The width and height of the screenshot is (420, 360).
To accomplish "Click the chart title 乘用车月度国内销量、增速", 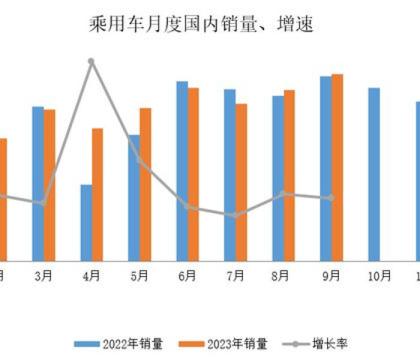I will (x=202, y=25).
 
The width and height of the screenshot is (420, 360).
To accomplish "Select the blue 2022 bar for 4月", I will (x=86, y=223).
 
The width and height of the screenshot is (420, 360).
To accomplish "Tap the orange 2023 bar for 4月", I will (x=97, y=194).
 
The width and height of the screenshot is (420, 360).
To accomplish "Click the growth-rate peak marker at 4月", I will (x=91, y=61).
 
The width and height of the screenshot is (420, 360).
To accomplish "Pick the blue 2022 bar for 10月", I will (x=374, y=174).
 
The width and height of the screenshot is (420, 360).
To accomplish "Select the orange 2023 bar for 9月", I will (x=337, y=167).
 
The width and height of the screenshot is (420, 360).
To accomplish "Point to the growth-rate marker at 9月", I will (x=331, y=198).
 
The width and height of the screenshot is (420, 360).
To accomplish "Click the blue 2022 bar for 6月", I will (x=182, y=171).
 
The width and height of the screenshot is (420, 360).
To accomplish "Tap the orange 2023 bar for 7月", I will (x=241, y=182).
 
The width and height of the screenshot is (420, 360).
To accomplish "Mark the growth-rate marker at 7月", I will (x=235, y=215).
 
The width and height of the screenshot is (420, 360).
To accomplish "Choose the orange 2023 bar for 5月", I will (x=145, y=184).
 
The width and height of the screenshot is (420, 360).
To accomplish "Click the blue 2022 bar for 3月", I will (x=38, y=184).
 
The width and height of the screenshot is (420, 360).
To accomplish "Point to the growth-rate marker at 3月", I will (x=43, y=203).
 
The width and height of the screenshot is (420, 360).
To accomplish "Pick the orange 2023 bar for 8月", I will (x=289, y=175).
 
